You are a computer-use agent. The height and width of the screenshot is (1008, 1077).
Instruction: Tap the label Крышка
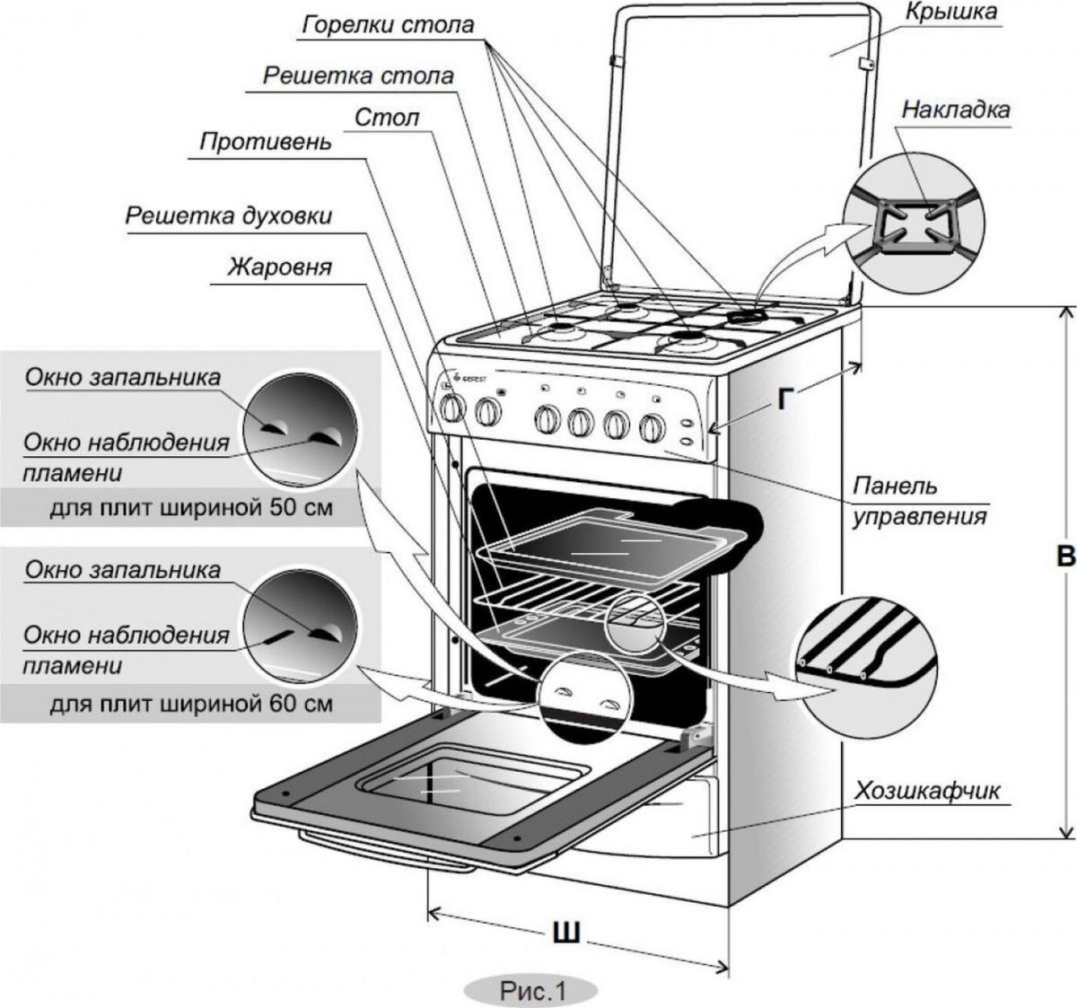click(950, 12)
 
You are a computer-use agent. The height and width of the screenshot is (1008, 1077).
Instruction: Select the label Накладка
click(956, 110)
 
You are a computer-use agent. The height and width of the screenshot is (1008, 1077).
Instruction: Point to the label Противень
click(265, 142)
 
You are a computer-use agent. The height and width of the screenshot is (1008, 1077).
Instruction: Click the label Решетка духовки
click(228, 216)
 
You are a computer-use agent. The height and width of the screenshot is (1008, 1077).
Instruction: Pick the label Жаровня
click(279, 267)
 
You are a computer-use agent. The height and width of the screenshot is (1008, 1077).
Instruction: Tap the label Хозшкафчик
click(927, 791)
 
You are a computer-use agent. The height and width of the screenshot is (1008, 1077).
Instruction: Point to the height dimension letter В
click(1065, 557)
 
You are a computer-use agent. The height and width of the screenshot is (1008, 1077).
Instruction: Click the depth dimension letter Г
click(784, 399)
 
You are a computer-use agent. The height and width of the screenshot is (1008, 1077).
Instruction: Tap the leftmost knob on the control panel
click(451, 408)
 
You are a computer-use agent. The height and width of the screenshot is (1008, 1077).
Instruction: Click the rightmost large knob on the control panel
click(652, 428)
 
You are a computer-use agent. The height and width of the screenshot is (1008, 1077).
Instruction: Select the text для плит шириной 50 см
click(191, 508)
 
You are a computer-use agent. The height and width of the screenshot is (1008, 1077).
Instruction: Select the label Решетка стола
click(358, 76)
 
